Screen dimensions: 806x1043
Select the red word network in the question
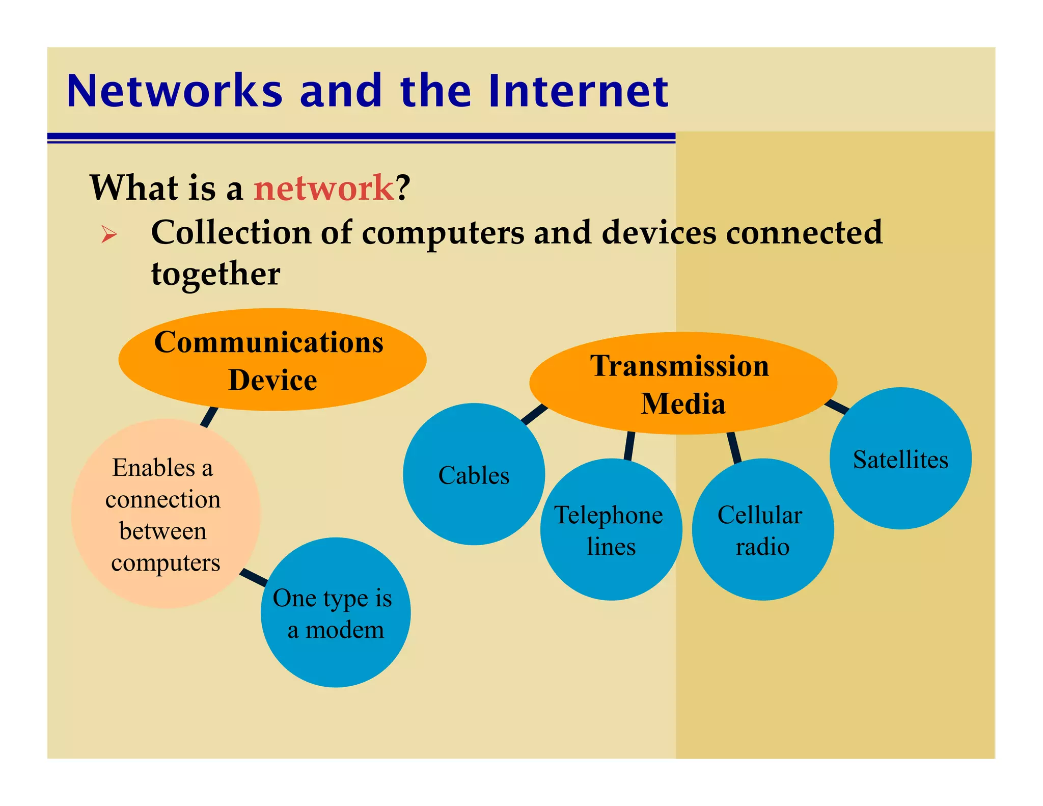[x=324, y=187]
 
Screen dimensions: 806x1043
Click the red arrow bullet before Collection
[x=109, y=234]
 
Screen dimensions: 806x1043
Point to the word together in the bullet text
[x=215, y=274]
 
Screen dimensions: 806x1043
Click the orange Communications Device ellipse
[x=272, y=360]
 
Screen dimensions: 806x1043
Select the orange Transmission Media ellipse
[x=682, y=383]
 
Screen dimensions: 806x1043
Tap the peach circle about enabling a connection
[x=166, y=514]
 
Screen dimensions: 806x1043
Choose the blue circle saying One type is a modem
[x=335, y=612]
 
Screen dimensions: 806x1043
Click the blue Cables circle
[x=474, y=474]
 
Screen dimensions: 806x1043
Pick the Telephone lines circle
[x=611, y=529]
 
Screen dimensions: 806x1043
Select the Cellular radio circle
[x=762, y=529]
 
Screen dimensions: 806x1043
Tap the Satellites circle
[x=900, y=459]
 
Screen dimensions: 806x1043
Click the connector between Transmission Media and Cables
[x=534, y=414]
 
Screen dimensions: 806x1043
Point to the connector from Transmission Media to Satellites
[x=836, y=406]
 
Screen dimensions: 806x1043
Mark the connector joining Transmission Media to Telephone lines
[x=629, y=446]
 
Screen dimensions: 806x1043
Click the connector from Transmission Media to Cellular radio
[x=734, y=447]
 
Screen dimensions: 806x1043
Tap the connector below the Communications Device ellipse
[x=209, y=417]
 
